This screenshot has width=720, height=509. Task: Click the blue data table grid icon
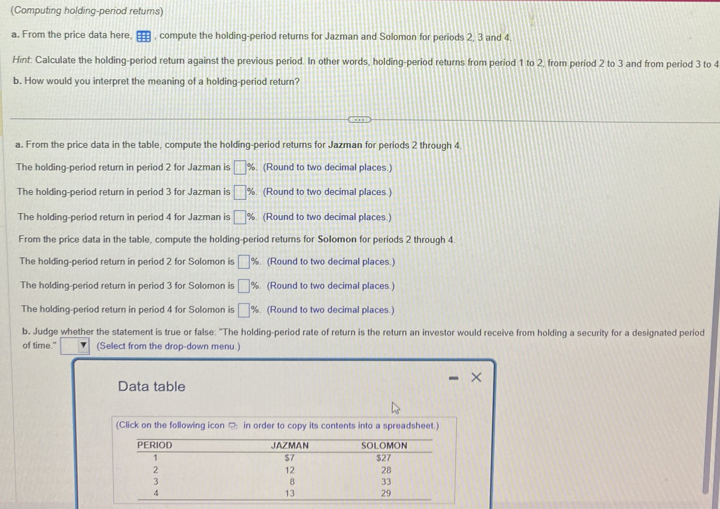(144, 37)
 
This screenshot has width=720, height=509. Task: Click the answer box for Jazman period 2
(240, 167)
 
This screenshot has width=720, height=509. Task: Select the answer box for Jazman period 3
(240, 192)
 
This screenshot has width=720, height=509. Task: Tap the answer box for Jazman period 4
(240, 217)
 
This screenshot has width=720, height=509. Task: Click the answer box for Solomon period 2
(244, 262)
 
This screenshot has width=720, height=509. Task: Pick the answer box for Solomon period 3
(244, 286)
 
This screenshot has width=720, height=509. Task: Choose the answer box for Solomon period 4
(244, 310)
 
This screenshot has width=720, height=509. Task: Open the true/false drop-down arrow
(83, 345)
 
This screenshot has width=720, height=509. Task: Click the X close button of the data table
(476, 377)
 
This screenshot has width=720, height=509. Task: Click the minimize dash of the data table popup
(453, 379)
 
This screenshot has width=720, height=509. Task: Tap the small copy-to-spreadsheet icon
(233, 426)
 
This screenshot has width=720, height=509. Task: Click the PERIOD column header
(154, 445)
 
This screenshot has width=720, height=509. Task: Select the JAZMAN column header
(290, 445)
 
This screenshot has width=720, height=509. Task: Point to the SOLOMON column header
(384, 445)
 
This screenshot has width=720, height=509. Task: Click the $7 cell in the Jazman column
(289, 458)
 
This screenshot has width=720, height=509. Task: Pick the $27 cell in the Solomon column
(384, 458)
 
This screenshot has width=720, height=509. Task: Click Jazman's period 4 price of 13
(290, 493)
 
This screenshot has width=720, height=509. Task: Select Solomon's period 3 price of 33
(386, 482)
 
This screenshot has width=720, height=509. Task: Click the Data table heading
(151, 386)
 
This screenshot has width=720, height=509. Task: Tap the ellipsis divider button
(359, 120)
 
